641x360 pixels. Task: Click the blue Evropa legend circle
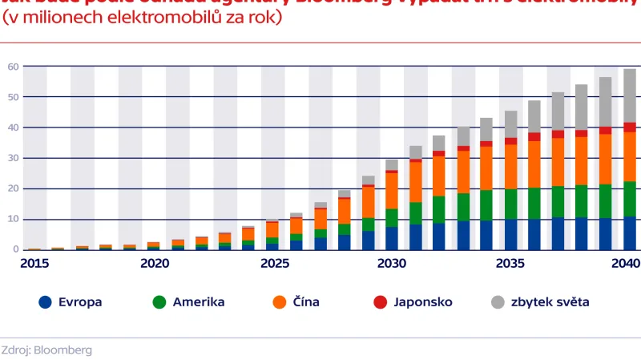(x=46, y=302)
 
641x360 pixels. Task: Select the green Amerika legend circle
(x=159, y=302)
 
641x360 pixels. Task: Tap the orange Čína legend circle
(x=280, y=302)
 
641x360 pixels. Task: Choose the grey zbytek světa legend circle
(x=498, y=302)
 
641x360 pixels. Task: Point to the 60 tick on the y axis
(x=14, y=67)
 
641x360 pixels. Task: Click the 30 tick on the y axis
(x=14, y=158)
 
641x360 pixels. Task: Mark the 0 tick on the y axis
(x=16, y=249)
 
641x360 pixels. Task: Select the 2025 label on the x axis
(x=272, y=264)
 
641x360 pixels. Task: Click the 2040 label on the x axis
(x=626, y=264)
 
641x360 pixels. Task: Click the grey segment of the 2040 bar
(x=630, y=95)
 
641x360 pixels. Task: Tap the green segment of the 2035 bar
(x=510, y=204)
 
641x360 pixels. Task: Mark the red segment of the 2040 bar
(x=630, y=127)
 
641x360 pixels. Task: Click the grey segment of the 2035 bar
(x=510, y=124)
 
